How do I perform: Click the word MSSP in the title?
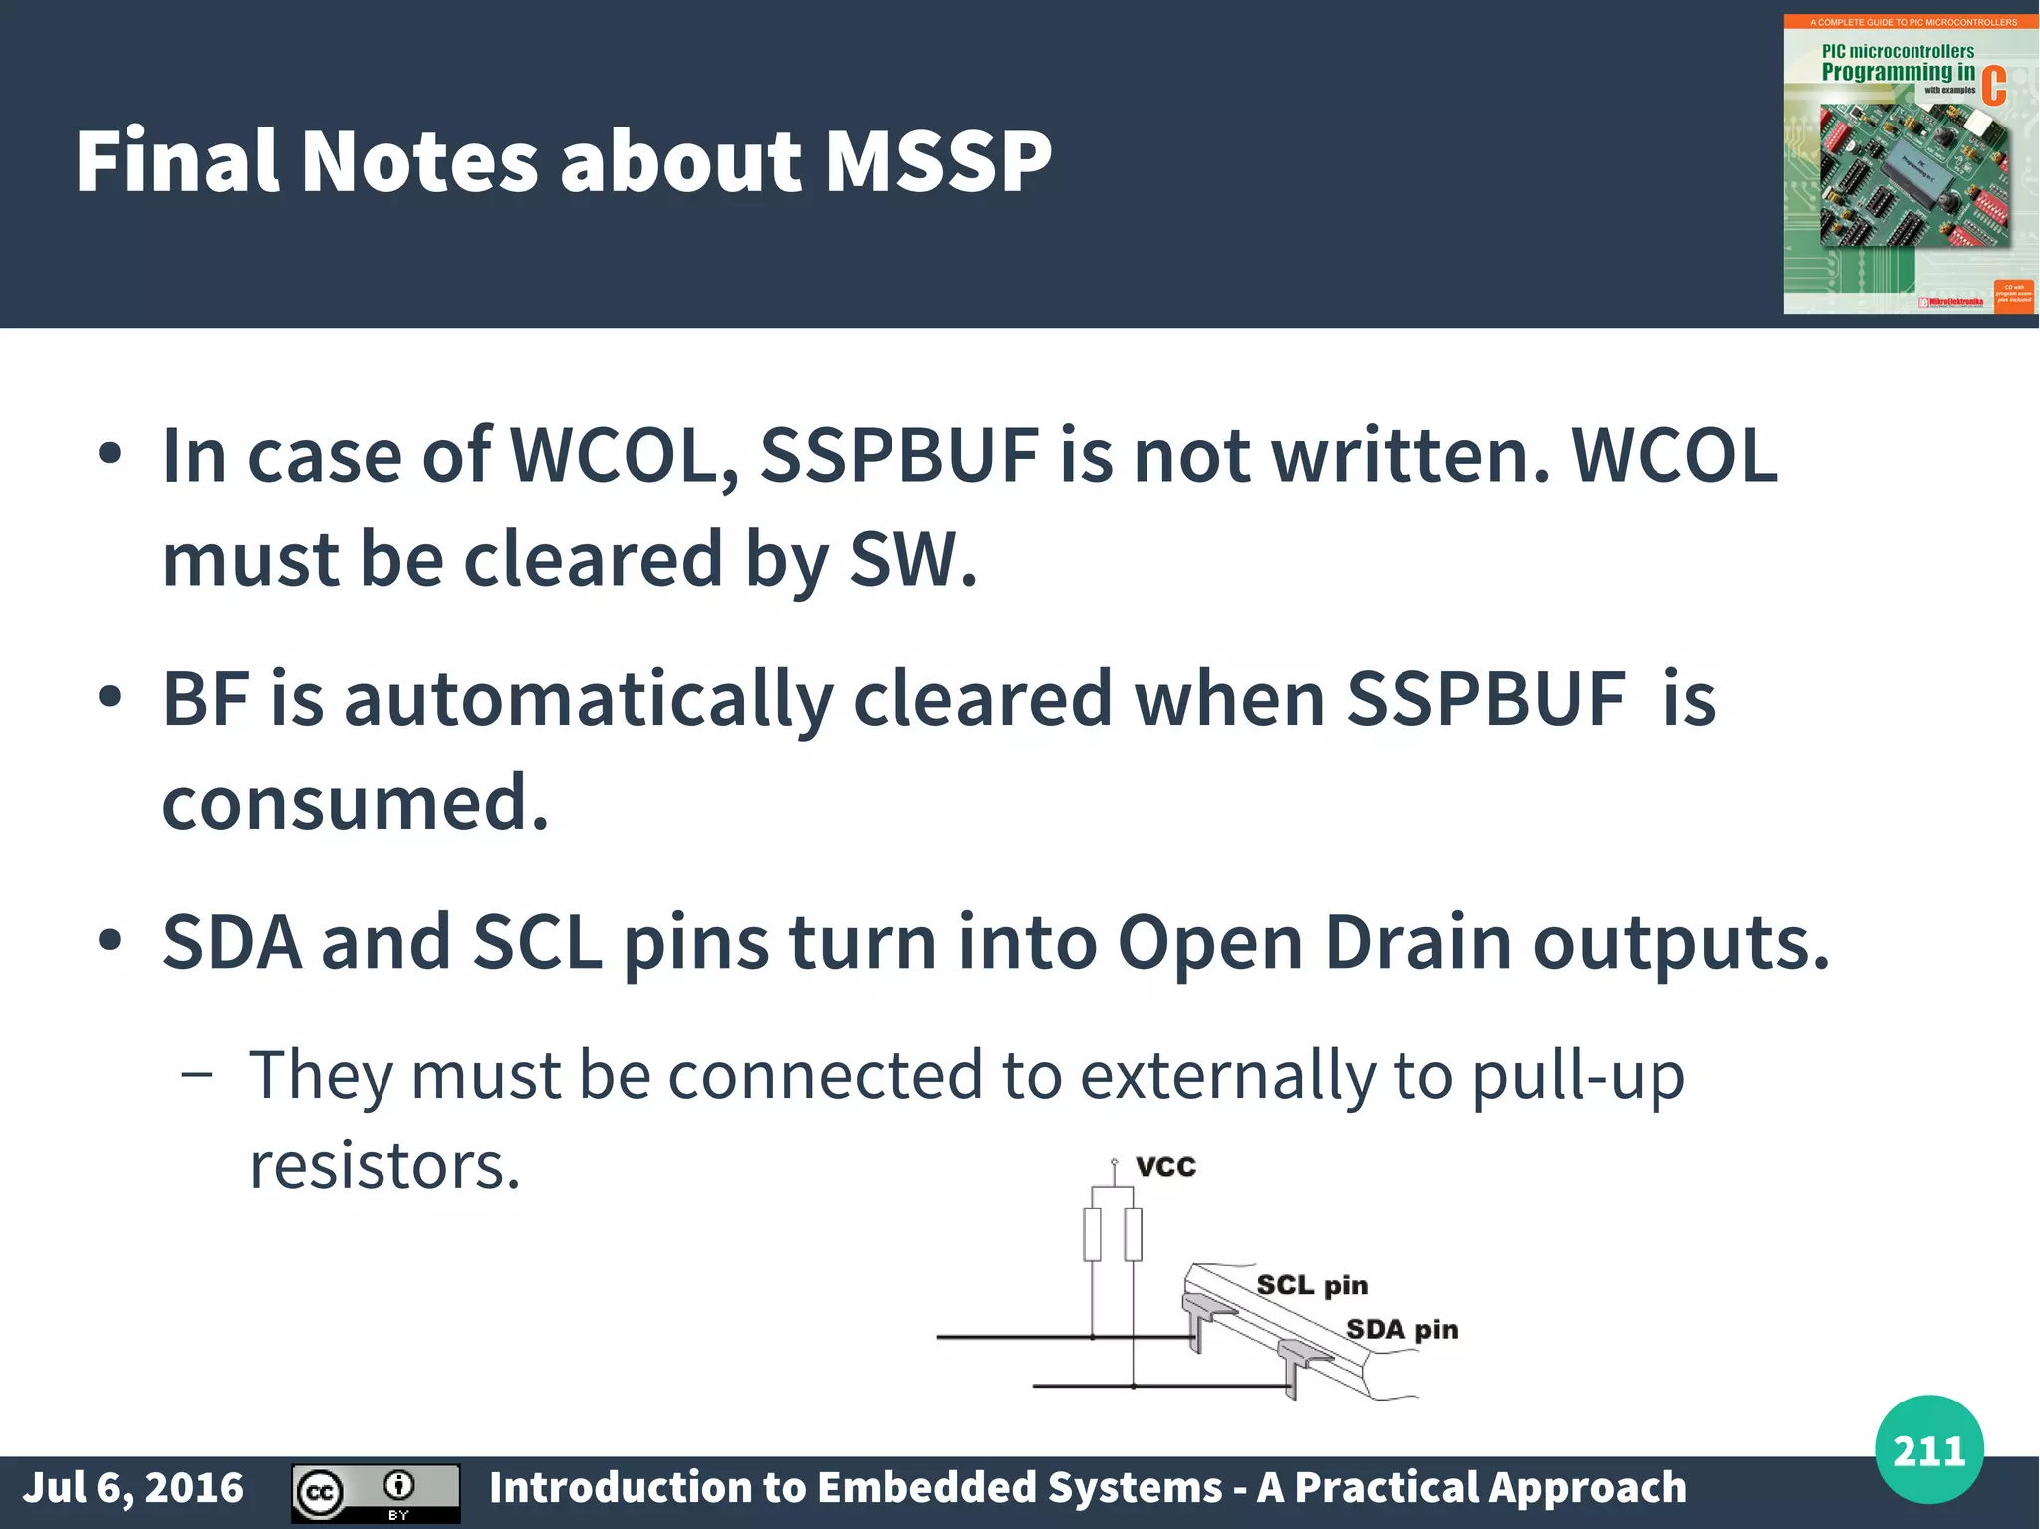937,161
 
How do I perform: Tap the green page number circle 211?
1928,1449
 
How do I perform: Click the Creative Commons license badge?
376,1492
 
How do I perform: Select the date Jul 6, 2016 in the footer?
132,1488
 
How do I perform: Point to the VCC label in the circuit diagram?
1165,1166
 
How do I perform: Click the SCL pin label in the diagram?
1312,1285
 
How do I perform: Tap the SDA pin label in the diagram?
1402,1329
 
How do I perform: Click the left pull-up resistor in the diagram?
1093,1234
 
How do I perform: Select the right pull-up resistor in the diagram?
1133,1234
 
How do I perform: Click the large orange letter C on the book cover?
1993,86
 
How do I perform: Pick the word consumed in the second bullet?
355,803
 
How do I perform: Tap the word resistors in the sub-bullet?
384,1165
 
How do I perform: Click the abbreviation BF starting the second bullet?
205,699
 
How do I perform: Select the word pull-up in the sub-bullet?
1578,1076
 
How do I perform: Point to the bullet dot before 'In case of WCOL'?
110,454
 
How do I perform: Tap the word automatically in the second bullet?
588,699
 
